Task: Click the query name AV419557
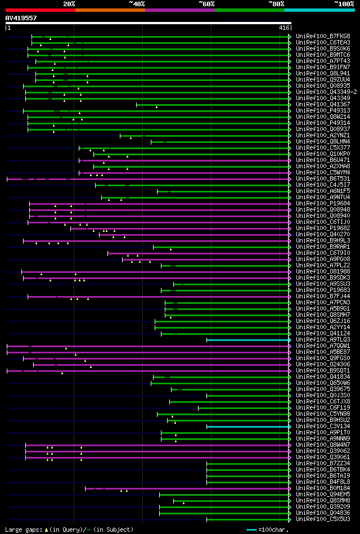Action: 21,18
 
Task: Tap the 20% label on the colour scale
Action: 69,3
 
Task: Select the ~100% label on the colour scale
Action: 344,3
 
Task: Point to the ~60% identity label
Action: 206,3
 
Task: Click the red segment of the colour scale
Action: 40,10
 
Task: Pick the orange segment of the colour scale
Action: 110,10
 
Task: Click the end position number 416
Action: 284,28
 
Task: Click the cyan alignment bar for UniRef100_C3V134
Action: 247,427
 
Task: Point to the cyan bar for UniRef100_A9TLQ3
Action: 247,340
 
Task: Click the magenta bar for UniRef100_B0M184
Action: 186,488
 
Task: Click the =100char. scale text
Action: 274,529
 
